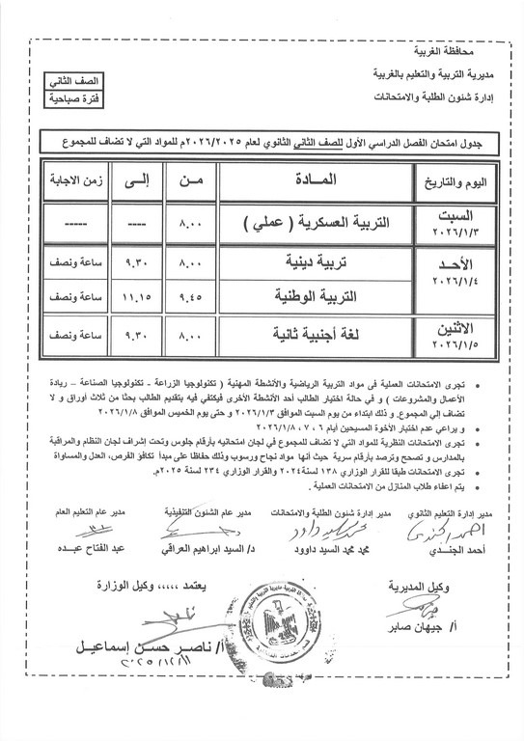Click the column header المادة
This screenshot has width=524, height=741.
click(x=312, y=180)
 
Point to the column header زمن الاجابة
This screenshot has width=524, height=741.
click(x=55, y=180)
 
